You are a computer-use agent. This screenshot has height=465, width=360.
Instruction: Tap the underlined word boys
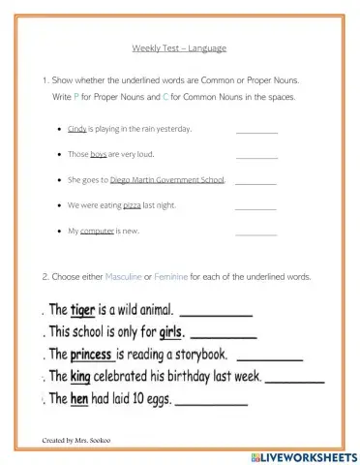pos(98,154)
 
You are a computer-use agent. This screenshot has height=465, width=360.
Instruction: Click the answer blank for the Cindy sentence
pos(256,131)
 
